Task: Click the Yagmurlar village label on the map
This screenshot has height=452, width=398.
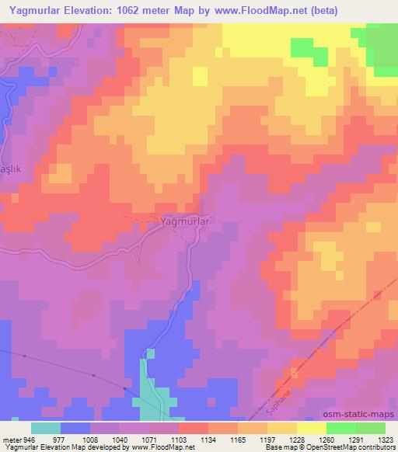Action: pos(185,221)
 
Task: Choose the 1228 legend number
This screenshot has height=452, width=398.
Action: pos(286,439)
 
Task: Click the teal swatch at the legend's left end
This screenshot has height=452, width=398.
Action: pos(46,428)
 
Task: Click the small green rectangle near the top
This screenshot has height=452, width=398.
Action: pos(309,49)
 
